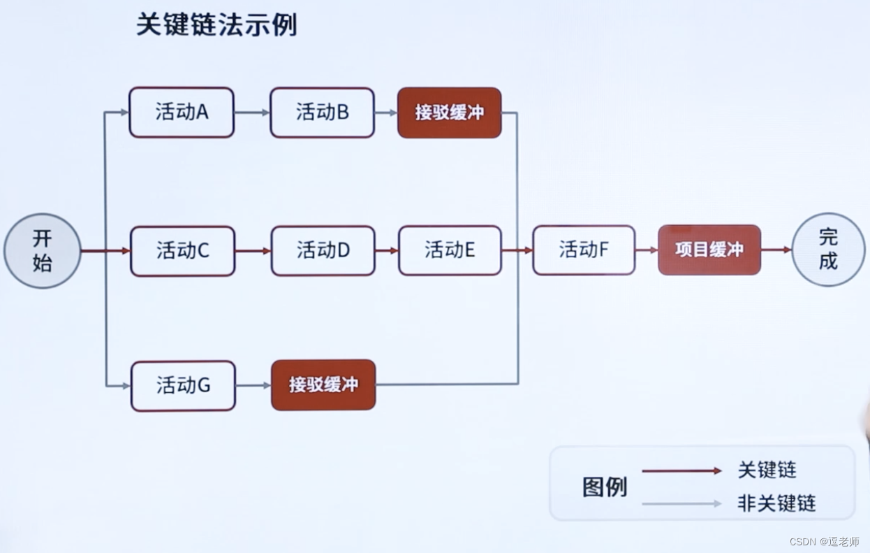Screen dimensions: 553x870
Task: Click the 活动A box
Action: click(182, 112)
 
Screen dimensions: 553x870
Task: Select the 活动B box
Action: click(322, 112)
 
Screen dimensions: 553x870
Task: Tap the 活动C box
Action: click(182, 250)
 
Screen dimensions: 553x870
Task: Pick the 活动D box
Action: click(323, 250)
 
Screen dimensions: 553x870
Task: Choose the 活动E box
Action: click(450, 250)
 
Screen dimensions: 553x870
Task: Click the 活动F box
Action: click(584, 250)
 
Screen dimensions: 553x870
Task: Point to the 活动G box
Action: click(183, 385)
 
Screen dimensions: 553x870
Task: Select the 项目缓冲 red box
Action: click(709, 250)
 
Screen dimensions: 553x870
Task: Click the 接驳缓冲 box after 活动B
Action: click(449, 113)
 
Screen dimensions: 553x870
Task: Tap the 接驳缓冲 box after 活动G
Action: click(323, 385)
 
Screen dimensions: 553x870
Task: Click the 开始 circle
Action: click(42, 250)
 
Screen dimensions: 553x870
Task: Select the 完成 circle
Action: click(828, 250)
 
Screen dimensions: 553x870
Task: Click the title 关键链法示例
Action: click(216, 24)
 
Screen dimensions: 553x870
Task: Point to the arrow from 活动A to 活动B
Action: click(252, 112)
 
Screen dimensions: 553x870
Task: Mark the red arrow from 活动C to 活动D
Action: click(253, 250)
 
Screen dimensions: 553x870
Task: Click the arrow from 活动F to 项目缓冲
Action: click(647, 250)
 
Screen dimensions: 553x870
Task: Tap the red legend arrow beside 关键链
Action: click(681, 471)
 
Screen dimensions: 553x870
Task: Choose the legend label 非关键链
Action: click(776, 503)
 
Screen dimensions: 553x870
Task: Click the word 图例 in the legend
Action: click(604, 487)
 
